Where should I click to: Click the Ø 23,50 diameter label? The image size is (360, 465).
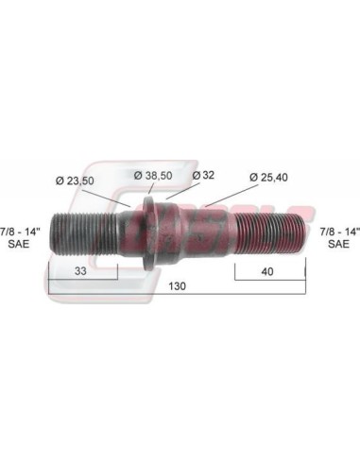pyautogui.click(x=75, y=181)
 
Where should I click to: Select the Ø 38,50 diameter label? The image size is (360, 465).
pyautogui.click(x=153, y=175)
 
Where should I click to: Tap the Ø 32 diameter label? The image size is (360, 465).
pyautogui.click(x=203, y=175)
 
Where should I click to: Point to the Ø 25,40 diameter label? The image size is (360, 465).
pyautogui.click(x=268, y=178)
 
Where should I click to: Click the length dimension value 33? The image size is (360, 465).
pyautogui.click(x=80, y=270)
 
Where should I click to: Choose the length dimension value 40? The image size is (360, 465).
pyautogui.click(x=267, y=271)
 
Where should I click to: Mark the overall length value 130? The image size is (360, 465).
pyautogui.click(x=178, y=286)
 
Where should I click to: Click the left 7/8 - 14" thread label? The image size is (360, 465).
pyautogui.click(x=20, y=232)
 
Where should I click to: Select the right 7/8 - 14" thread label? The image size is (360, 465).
pyautogui.click(x=339, y=232)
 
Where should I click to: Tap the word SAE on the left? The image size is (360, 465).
pyautogui.click(x=19, y=244)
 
